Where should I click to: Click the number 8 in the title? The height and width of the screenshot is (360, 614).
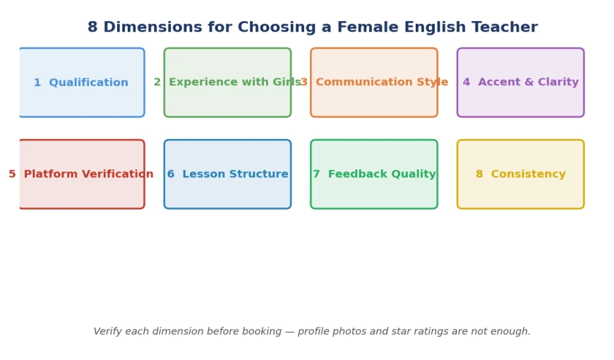click(92, 28)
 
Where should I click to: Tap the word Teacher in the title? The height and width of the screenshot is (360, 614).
click(505, 28)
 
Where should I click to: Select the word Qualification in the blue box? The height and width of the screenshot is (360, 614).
click(88, 83)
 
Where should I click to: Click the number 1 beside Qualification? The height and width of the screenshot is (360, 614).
click(37, 83)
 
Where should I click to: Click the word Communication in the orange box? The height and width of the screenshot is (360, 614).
click(363, 82)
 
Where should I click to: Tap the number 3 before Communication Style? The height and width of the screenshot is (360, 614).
click(304, 82)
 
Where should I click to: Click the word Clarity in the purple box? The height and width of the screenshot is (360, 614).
click(558, 82)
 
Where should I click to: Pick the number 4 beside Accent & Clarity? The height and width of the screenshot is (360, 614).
click(466, 82)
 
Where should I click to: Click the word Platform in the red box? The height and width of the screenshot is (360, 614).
click(51, 174)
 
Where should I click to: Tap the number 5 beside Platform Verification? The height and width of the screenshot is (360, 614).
click(12, 174)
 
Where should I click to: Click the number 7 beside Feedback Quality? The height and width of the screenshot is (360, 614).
click(316, 174)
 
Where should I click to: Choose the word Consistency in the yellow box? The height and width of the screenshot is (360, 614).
click(528, 174)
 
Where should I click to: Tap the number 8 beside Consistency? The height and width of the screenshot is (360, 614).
click(479, 174)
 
